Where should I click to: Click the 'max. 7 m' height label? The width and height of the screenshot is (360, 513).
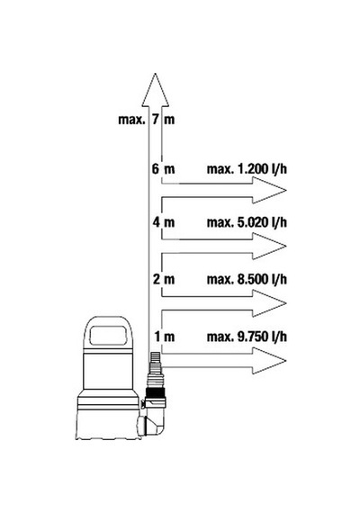point(147,120)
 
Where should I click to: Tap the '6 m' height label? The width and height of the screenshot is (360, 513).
point(163,169)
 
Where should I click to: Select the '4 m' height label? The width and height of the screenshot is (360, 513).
point(163,222)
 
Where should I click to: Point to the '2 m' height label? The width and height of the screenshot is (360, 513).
point(164,279)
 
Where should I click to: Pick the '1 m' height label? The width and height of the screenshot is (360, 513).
point(165,337)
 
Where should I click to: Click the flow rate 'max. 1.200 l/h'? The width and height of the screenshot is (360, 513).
point(247,169)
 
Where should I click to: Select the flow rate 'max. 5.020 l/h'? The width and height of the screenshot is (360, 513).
point(247,222)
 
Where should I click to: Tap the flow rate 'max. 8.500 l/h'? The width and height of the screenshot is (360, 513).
point(247,279)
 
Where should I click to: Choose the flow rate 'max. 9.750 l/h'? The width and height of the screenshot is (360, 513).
point(247,337)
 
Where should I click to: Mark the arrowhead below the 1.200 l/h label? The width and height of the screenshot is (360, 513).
point(269,190)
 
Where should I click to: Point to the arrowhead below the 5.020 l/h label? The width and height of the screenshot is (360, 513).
point(269,247)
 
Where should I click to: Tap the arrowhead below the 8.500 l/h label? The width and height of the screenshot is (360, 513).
point(269,303)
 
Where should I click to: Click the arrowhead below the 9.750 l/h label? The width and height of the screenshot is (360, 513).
point(269,361)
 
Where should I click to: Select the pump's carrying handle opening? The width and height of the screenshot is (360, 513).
point(108,335)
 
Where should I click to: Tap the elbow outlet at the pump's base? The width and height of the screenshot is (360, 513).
point(152,422)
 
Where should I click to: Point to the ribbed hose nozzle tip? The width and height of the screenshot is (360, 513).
point(155,364)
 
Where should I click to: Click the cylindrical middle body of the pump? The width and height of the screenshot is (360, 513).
point(108,369)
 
